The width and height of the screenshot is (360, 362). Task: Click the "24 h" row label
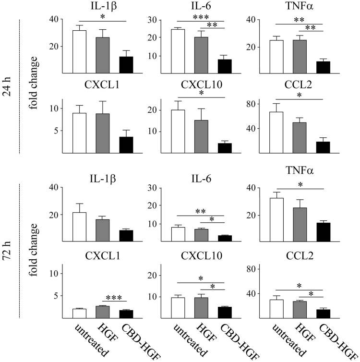pos(8,86)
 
